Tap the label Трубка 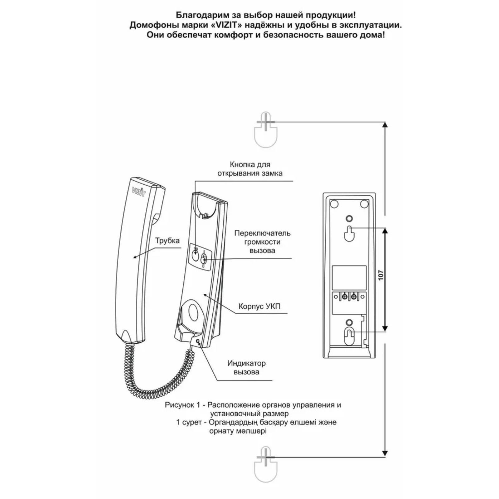coord(167,241)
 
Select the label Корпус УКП coord(259,306)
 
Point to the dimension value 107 coord(380,275)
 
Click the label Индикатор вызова coord(246,367)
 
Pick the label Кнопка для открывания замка coord(250,169)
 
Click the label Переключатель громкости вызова coord(262,242)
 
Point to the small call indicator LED coord(198,341)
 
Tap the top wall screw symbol coord(265,131)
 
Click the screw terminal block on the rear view coord(349,297)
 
